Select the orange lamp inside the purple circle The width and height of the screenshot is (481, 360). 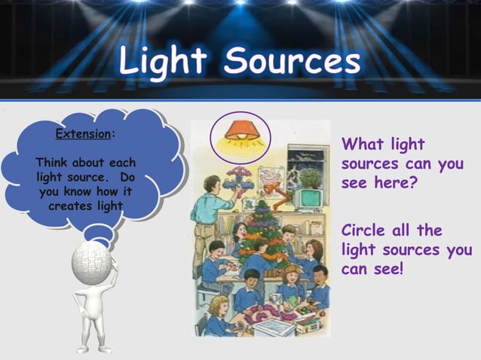coord(240,130)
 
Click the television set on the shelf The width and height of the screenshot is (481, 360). coord(309,198)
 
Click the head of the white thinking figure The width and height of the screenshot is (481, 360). coord(91,263)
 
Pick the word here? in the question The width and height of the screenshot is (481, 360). coord(391,183)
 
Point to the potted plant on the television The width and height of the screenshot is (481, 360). coord(310,177)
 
